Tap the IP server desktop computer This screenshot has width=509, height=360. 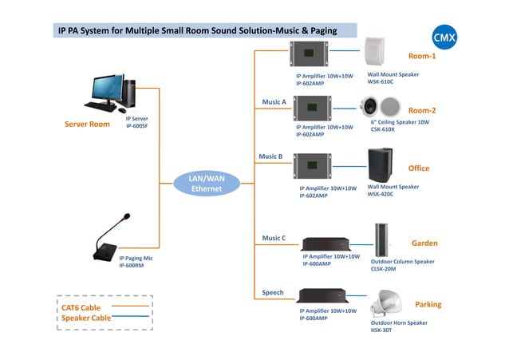[113, 93]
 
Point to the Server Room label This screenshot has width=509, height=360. [87, 125]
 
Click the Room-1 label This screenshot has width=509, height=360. [422, 57]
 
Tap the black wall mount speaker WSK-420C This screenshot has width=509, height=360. [381, 165]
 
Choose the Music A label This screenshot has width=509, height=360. [274, 102]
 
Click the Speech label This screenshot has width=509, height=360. [273, 293]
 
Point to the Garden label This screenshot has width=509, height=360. [424, 243]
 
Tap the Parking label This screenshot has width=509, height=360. [428, 305]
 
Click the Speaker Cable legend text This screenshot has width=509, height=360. [86, 318]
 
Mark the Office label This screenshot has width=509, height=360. [419, 168]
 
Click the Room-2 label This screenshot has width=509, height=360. [422, 110]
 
